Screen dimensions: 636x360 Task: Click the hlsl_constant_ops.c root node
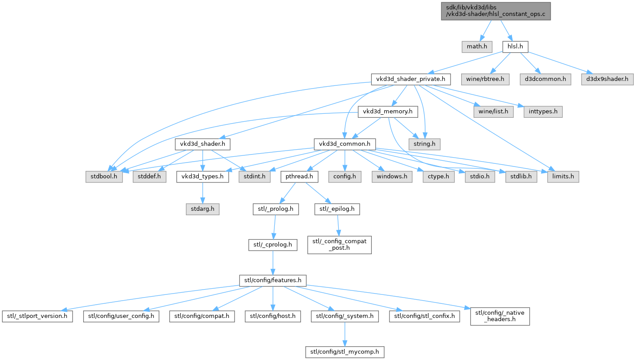pyautogui.click(x=496, y=11)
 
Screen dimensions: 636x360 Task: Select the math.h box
pyautogui.click(x=477, y=46)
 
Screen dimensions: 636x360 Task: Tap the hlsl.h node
pyautogui.click(x=515, y=46)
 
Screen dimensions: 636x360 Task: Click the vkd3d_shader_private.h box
pyautogui.click(x=411, y=79)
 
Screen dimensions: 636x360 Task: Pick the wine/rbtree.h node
pyautogui.click(x=485, y=79)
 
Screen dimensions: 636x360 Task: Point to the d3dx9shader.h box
pyautogui.click(x=607, y=79)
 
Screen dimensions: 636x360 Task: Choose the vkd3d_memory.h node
pyautogui.click(x=388, y=112)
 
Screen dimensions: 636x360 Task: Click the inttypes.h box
pyautogui.click(x=543, y=112)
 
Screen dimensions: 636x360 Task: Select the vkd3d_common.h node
pyautogui.click(x=345, y=144)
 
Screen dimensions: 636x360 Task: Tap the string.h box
pyautogui.click(x=424, y=144)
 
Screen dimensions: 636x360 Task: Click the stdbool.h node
pyautogui.click(x=104, y=177)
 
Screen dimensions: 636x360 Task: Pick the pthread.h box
pyautogui.click(x=299, y=177)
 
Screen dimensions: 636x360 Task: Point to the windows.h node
pyautogui.click(x=392, y=177)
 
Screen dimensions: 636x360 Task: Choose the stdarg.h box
pyautogui.click(x=202, y=209)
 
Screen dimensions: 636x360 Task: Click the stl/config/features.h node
pyautogui.click(x=273, y=280)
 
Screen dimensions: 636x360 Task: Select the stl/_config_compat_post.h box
pyautogui.click(x=339, y=244)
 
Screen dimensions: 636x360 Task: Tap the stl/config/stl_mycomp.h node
pyautogui.click(x=345, y=352)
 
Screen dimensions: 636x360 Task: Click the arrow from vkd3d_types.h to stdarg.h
pyautogui.click(x=202, y=193)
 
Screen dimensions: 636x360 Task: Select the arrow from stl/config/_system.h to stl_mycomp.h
pyautogui.click(x=345, y=334)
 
